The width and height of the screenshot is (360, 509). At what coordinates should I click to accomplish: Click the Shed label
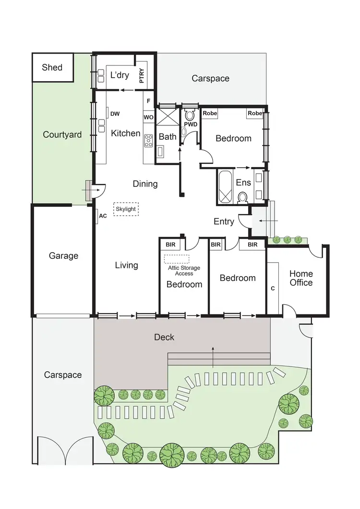click(x=52, y=67)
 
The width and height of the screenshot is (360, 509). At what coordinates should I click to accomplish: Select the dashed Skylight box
click(x=126, y=209)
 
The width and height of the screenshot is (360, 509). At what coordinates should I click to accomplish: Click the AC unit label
click(x=103, y=216)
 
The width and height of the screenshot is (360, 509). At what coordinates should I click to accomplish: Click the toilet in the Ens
click(x=242, y=197)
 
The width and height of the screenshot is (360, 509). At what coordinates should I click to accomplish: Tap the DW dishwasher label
click(x=115, y=114)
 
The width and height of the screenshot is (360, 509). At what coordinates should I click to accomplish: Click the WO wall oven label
click(x=148, y=117)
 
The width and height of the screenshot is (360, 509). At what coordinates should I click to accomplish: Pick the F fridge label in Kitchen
click(x=148, y=101)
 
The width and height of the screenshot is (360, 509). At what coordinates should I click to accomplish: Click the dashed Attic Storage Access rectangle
click(x=176, y=259)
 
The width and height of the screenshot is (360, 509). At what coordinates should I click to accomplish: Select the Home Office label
click(x=301, y=278)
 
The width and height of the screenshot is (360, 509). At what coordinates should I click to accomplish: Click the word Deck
click(x=164, y=337)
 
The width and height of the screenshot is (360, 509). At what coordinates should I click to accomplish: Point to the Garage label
click(x=63, y=256)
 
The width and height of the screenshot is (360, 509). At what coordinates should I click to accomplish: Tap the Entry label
click(x=224, y=221)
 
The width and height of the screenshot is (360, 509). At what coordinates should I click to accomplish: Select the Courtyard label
click(x=62, y=134)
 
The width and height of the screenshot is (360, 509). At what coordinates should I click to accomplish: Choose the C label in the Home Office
click(x=273, y=289)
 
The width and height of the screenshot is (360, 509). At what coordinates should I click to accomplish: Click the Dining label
click(x=145, y=184)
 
